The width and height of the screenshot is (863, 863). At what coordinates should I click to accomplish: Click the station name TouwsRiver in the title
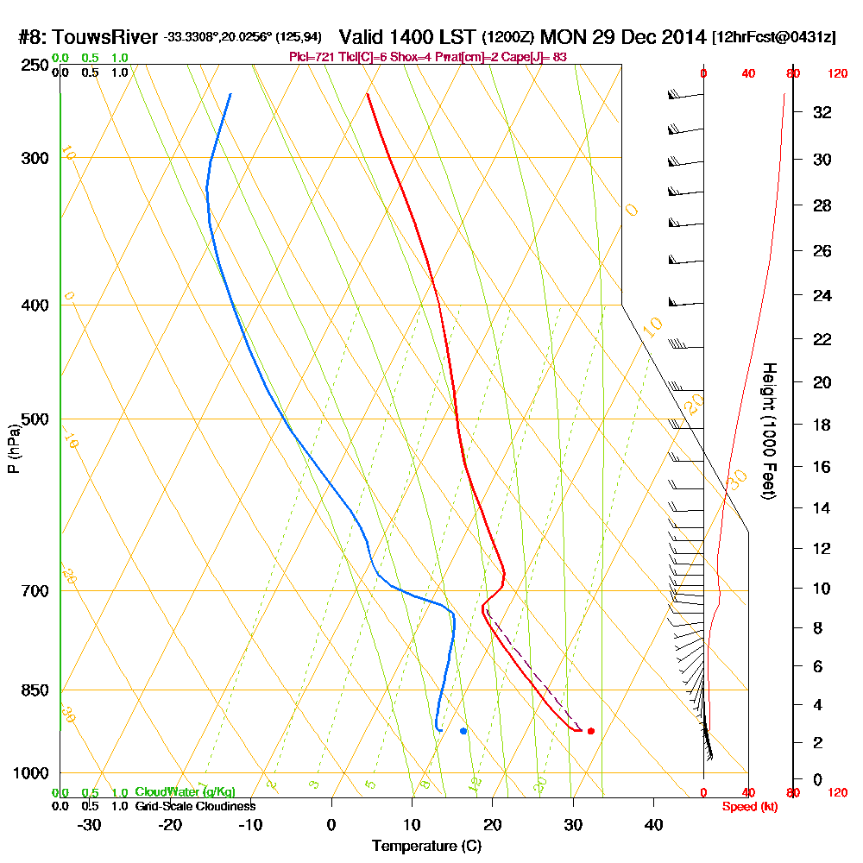click(105, 38)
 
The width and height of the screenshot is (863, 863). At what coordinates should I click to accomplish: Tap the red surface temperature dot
click(590, 731)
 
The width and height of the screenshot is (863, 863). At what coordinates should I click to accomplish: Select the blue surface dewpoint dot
click(463, 731)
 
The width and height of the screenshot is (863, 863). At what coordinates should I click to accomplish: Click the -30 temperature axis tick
click(89, 824)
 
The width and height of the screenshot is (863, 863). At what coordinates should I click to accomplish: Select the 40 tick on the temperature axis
click(653, 824)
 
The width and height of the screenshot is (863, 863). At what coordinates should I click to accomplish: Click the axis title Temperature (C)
click(427, 847)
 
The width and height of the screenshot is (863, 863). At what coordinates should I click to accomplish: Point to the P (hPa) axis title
click(13, 449)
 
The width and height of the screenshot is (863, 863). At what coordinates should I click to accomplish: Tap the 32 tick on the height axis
click(822, 112)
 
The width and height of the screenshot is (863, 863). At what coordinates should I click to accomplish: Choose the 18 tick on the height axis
click(822, 425)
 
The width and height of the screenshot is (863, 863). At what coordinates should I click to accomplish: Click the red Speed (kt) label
click(749, 806)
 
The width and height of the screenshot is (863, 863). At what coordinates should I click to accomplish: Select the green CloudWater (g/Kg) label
click(185, 792)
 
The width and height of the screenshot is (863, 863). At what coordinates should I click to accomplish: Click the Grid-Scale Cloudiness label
click(194, 806)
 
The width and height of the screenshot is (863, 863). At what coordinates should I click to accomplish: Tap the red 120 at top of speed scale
click(836, 74)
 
